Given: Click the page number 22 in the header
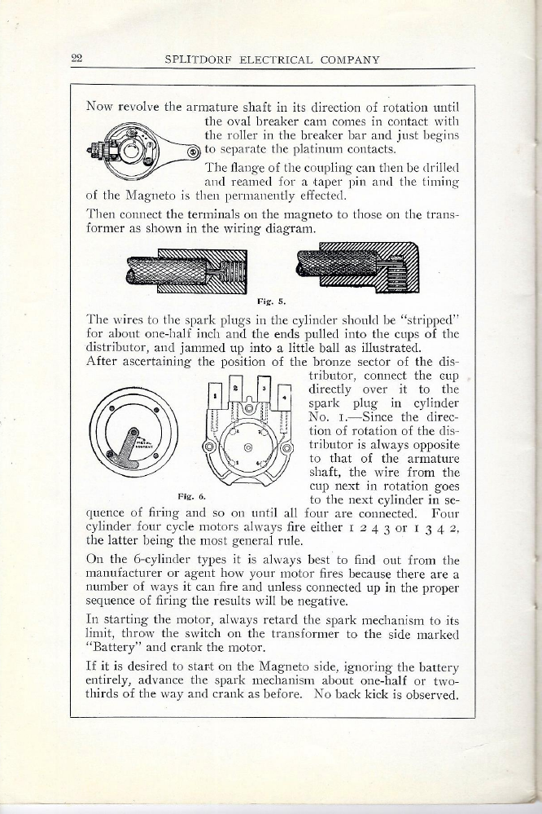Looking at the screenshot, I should coord(78,58).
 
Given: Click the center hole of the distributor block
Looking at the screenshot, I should coord(248,448).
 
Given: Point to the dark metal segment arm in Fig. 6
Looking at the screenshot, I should coord(133,461).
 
